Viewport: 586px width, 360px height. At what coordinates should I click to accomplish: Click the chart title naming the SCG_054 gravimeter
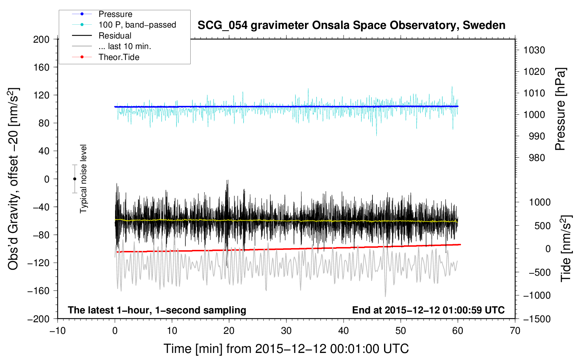[351, 25]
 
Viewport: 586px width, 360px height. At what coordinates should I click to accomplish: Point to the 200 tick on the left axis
[41, 40]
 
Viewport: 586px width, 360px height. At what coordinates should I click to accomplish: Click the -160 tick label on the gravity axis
[38, 291]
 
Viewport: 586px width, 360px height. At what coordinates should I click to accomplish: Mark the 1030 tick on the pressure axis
[534, 50]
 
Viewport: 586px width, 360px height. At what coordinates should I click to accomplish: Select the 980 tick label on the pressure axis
[537, 158]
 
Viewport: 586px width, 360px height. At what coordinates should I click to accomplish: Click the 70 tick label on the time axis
[515, 331]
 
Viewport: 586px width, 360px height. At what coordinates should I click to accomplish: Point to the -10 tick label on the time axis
[58, 331]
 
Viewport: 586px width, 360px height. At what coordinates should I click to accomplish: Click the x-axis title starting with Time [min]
[286, 349]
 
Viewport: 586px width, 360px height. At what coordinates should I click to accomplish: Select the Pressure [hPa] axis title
[560, 109]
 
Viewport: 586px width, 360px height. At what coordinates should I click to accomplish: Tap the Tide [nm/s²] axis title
[566, 248]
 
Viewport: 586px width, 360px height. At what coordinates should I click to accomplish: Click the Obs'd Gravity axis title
[13, 179]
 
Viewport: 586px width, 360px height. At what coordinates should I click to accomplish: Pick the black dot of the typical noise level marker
[74, 179]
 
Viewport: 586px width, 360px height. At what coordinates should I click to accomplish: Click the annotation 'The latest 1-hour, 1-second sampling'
[157, 310]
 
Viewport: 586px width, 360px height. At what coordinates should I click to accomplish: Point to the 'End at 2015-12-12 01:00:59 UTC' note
[428, 310]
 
